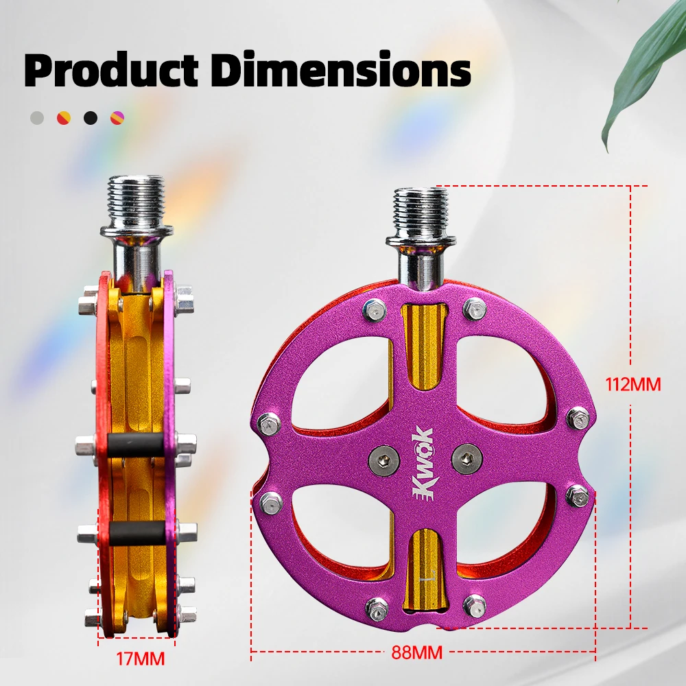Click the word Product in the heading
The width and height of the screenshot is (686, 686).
click(x=112, y=69)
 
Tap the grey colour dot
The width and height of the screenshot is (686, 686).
click(x=37, y=118)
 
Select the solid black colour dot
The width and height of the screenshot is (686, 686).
click(x=91, y=118)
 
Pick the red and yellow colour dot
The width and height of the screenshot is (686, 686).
click(x=64, y=118)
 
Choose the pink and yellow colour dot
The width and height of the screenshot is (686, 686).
click(x=117, y=118)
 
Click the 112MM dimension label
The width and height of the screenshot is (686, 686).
click(x=632, y=385)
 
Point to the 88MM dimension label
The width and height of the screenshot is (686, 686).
click(x=416, y=652)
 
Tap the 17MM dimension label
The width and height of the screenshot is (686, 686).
click(x=140, y=659)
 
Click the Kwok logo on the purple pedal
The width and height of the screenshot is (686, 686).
click(x=423, y=462)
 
